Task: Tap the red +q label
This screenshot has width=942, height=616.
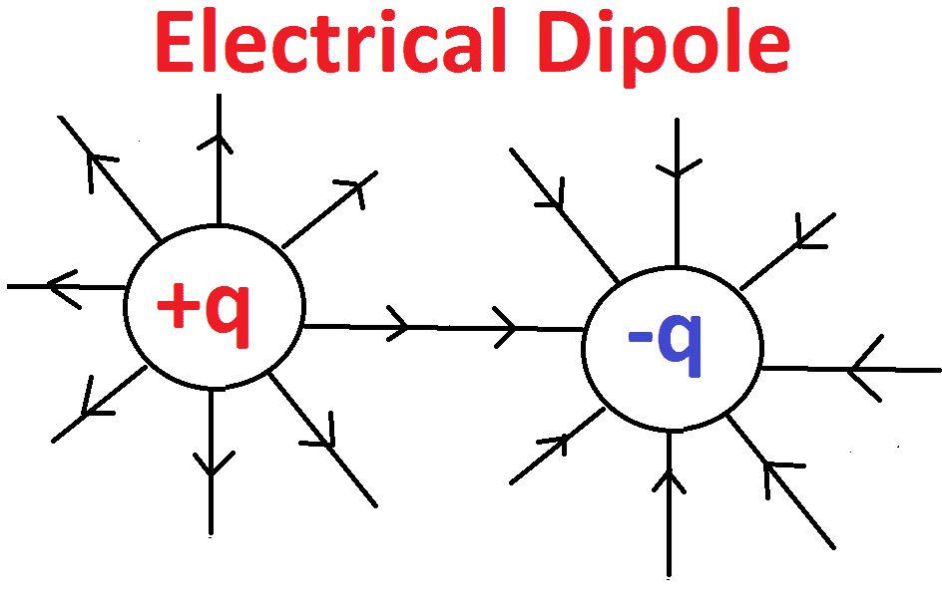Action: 205,308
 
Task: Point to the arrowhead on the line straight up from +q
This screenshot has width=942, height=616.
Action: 216,140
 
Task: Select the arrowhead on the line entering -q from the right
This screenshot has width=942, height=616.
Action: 862,370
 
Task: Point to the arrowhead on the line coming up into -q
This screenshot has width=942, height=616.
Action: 670,481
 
